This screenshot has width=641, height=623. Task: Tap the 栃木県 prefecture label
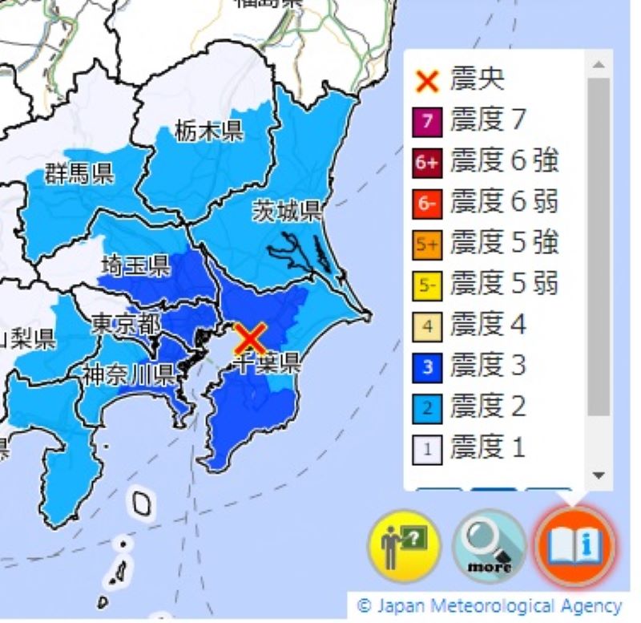(209, 130)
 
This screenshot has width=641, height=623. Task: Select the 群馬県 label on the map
(79, 174)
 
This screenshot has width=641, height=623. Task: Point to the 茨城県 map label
(287, 211)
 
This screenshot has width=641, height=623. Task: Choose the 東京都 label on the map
(125, 324)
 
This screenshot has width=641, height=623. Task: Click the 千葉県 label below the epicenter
(267, 365)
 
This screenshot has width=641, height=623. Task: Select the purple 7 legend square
(429, 121)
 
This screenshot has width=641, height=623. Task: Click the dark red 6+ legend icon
(429, 162)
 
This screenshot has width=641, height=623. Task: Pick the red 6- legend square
(429, 203)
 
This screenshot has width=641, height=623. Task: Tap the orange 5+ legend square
(429, 244)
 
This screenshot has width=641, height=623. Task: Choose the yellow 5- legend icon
(429, 285)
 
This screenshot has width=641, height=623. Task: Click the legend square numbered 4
(429, 326)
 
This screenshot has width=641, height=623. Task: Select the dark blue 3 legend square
(429, 366)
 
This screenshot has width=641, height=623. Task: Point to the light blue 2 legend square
(429, 407)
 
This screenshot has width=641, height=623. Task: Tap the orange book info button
(574, 546)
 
